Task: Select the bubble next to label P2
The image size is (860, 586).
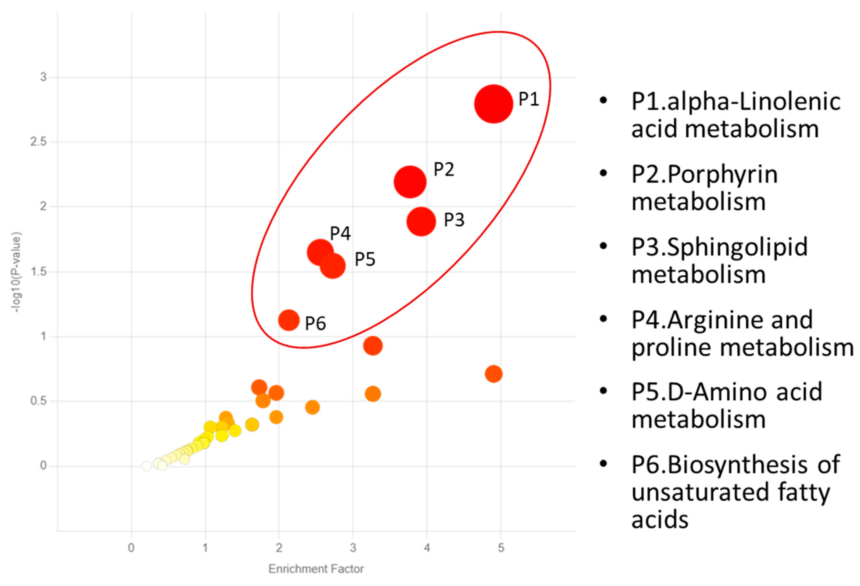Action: [410, 182]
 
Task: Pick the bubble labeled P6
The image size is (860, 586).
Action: [288, 320]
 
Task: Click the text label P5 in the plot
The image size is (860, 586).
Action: [365, 259]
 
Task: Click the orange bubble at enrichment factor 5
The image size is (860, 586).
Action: [493, 374]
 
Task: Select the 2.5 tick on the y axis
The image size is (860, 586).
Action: [38, 142]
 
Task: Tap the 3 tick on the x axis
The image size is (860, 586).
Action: [353, 548]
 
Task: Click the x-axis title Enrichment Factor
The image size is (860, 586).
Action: [316, 569]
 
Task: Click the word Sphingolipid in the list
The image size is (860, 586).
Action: [737, 247]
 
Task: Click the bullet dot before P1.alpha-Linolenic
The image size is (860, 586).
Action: [603, 101]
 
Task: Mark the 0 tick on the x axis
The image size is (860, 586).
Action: [131, 548]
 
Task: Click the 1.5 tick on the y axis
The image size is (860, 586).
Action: [38, 272]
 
